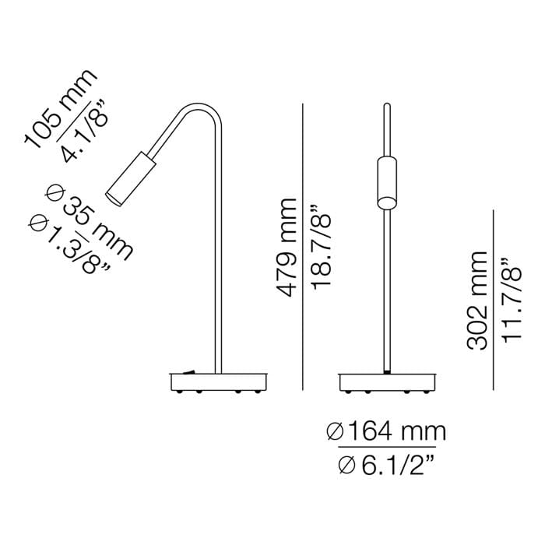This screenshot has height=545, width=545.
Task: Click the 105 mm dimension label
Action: coord(61,107)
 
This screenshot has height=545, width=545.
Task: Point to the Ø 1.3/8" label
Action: coord(68,244)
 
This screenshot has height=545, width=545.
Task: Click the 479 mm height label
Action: coord(288,248)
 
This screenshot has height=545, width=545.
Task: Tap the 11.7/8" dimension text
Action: coord(511,301)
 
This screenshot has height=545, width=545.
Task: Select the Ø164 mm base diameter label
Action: coord(386,430)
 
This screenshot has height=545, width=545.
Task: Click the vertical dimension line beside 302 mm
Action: coord(494,301)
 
